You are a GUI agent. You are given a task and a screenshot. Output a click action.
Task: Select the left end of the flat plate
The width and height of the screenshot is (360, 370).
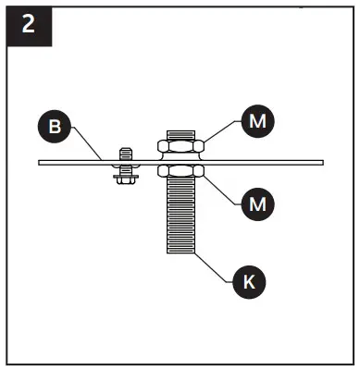pyautogui.click(x=43, y=162)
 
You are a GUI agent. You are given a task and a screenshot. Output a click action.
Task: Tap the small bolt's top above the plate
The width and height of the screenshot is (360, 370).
pyautogui.click(x=122, y=151)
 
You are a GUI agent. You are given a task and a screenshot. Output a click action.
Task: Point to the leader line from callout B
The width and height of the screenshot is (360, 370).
pyautogui.click(x=87, y=145)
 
